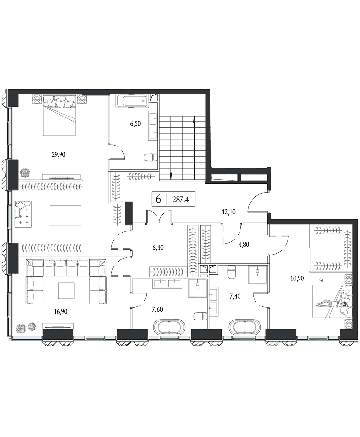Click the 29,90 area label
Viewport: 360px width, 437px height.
pyautogui.click(x=59, y=154)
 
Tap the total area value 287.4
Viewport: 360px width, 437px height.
pyautogui.click(x=181, y=199)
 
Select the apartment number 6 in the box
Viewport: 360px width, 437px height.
pyautogui.click(x=159, y=199)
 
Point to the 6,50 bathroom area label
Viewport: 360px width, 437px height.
pyautogui.click(x=135, y=124)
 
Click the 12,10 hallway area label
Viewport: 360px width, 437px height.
pyautogui.click(x=228, y=212)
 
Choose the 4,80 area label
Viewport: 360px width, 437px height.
pyautogui.click(x=243, y=245)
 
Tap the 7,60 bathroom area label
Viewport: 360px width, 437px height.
pyautogui.click(x=157, y=310)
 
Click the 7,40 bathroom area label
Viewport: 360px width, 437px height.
pyautogui.click(x=235, y=296)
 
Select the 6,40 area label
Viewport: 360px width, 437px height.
pyautogui.click(x=158, y=248)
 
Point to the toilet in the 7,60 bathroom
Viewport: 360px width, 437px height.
pyautogui.click(x=200, y=316)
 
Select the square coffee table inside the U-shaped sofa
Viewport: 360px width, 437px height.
pyautogui.click(x=66, y=290)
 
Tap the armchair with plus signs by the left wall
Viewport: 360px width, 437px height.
pyautogui.click(x=23, y=214)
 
